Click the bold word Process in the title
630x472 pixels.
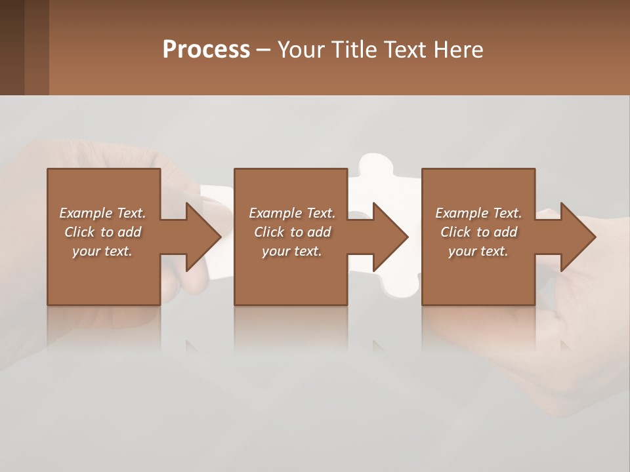tap(206, 50)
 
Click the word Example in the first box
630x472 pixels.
tap(85, 213)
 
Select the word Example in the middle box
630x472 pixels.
tap(274, 213)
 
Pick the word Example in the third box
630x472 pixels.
tap(461, 213)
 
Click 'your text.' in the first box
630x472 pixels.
tap(102, 251)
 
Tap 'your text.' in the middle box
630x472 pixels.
tap(292, 251)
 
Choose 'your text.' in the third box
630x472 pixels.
tap(478, 251)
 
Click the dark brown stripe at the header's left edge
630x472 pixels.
tap(12, 47)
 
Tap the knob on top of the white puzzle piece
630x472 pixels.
tap(375, 165)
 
